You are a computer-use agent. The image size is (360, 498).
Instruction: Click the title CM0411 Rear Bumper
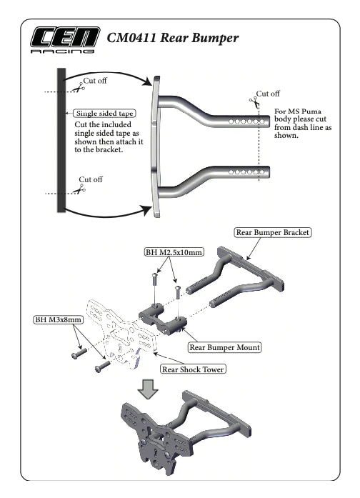click(x=172, y=37)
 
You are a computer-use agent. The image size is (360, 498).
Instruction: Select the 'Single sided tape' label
click(x=105, y=113)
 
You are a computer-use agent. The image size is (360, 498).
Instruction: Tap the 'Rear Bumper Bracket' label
click(x=274, y=232)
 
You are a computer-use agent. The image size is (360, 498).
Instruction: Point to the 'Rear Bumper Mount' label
click(x=224, y=347)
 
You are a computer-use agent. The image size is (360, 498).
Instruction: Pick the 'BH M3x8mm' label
click(x=58, y=319)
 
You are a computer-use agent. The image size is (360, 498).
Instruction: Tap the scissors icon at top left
click(x=75, y=88)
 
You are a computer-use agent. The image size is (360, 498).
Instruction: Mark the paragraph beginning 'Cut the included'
click(x=106, y=136)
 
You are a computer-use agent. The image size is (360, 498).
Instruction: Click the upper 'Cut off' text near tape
click(x=95, y=81)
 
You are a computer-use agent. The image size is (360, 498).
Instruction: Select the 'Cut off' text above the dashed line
click(x=268, y=93)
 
